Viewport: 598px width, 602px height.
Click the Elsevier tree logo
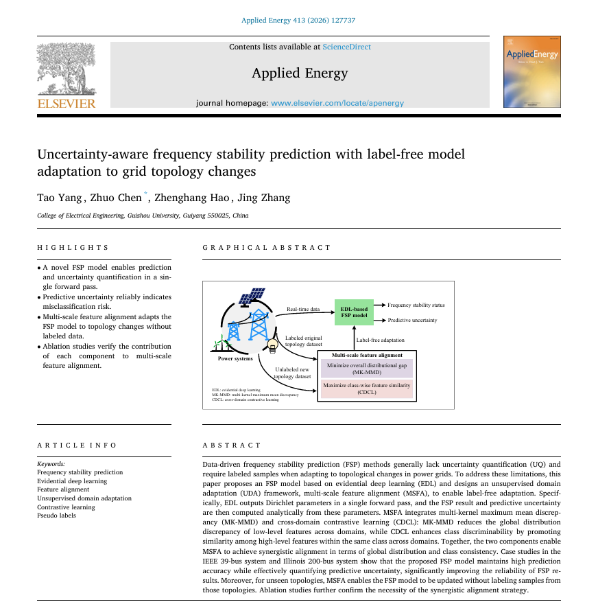[67, 69]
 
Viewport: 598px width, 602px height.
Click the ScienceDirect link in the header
[346, 47]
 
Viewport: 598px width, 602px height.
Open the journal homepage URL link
[337, 103]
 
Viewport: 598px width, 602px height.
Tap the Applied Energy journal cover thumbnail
[531, 71]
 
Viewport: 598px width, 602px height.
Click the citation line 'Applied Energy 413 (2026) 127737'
[298, 21]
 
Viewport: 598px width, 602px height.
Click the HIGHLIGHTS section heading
[73, 248]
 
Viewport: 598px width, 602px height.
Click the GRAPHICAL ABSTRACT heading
[267, 248]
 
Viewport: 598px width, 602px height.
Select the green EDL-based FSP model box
[354, 314]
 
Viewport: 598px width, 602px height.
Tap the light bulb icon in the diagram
[272, 345]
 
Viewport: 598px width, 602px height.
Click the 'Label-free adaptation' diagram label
[380, 340]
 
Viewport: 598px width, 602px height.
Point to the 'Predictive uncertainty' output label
[412, 321]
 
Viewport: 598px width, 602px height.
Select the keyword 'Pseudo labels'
[57, 516]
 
